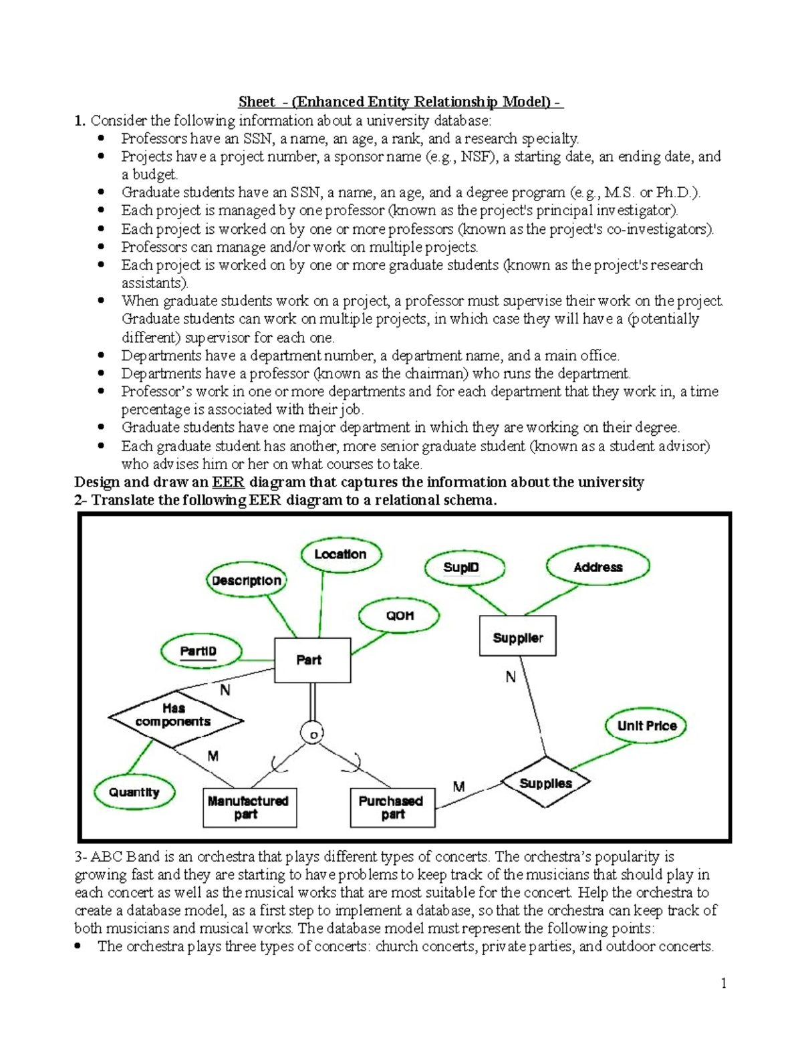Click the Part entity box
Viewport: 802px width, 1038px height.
(x=312, y=660)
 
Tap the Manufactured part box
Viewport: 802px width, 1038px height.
(x=249, y=807)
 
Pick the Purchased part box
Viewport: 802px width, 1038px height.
(x=392, y=807)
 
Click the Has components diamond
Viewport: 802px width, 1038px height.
(x=175, y=719)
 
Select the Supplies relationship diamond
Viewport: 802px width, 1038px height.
(x=546, y=783)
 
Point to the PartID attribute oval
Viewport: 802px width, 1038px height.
(x=200, y=651)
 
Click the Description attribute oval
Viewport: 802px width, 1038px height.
(x=247, y=580)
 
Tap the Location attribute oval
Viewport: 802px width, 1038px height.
(x=340, y=554)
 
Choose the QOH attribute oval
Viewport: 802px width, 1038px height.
(x=400, y=616)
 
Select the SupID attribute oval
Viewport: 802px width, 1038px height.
(x=461, y=567)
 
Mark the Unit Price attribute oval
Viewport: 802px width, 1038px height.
(x=646, y=726)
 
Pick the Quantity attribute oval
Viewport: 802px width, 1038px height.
(x=134, y=792)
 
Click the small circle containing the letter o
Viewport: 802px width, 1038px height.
(x=312, y=733)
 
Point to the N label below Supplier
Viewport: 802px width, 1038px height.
(x=511, y=678)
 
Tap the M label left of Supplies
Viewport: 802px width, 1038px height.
(x=458, y=787)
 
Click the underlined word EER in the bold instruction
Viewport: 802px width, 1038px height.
(x=228, y=483)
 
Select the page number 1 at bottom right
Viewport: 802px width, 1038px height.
(x=723, y=983)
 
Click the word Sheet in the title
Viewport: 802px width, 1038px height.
(x=257, y=102)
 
